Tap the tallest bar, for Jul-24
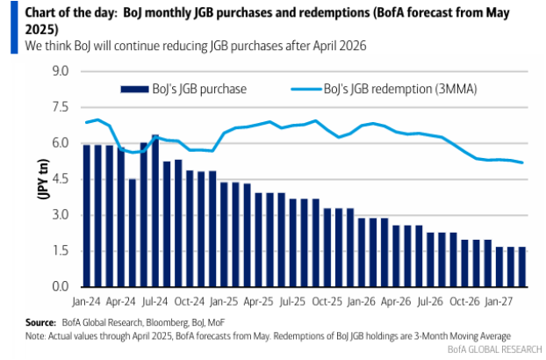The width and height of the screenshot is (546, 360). coord(156,211)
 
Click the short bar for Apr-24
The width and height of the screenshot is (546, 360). coord(133,233)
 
